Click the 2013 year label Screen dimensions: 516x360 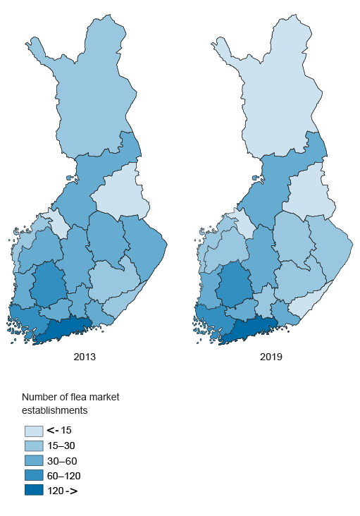(85, 357)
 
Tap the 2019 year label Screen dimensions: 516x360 (271, 357)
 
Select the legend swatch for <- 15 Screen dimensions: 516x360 (34, 430)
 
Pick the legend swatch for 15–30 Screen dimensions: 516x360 (34, 446)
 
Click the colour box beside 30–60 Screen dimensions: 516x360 (34, 460)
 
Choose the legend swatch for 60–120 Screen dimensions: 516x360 (34, 476)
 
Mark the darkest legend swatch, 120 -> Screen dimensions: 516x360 (34, 491)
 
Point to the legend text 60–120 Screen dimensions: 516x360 (64, 476)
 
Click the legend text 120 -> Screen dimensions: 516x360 (62, 491)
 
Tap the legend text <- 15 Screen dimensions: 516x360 (60, 430)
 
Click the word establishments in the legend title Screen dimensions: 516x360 (55, 409)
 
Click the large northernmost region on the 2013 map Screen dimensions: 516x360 (92, 99)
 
